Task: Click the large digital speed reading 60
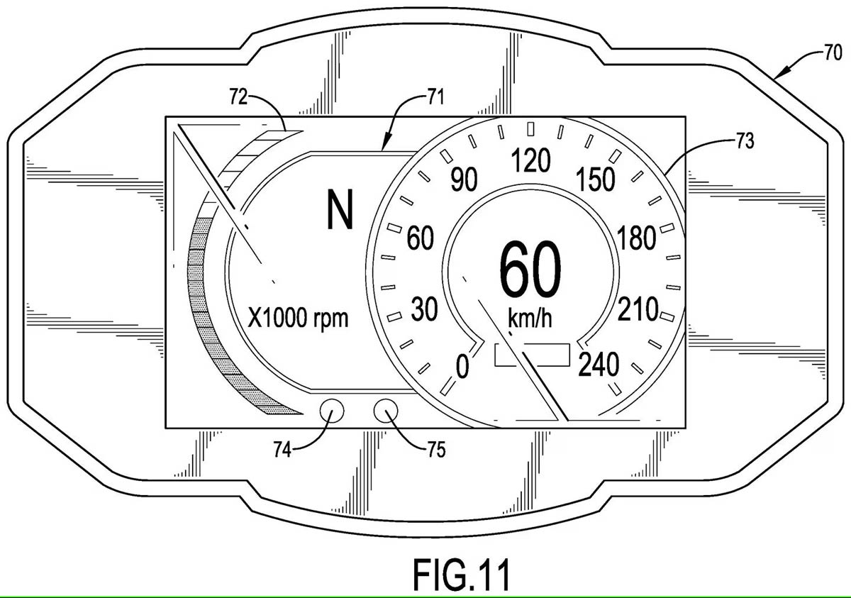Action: point(530,269)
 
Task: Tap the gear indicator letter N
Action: point(340,209)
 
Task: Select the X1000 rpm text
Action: point(298,318)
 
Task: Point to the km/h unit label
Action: point(530,319)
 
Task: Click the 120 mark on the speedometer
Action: point(530,160)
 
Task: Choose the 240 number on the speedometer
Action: point(599,365)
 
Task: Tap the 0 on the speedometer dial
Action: point(462,366)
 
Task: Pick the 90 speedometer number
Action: point(464,179)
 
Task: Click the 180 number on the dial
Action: point(636,238)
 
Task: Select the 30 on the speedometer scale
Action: point(424,309)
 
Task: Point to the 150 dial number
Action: point(595,179)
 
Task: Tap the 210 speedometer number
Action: point(638,309)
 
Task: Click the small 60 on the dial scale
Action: point(420,238)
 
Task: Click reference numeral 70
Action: point(833,52)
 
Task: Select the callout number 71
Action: point(435,97)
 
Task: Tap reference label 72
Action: point(238,96)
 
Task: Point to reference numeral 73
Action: point(745,141)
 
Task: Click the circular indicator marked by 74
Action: point(332,411)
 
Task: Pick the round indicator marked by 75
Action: point(386,411)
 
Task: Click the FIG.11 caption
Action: point(461,574)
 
